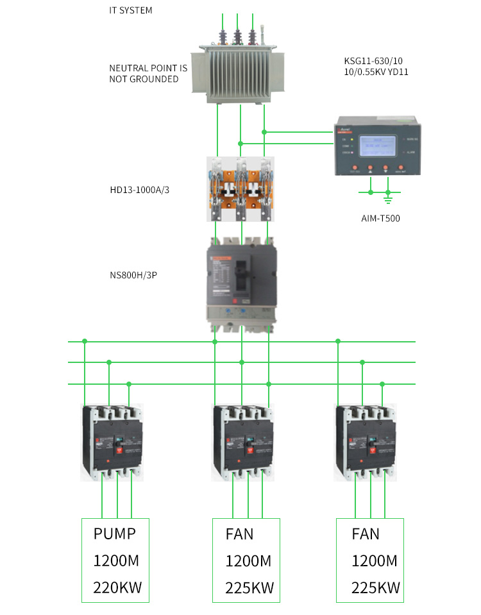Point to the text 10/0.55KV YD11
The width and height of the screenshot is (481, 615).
coord(376,72)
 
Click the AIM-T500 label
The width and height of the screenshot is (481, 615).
coord(380,219)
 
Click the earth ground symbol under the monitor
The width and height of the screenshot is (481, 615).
coord(388,191)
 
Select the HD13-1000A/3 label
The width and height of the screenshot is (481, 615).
coord(140,190)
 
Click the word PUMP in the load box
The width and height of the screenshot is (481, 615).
coord(115,534)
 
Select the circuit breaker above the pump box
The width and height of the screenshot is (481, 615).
coord(113,442)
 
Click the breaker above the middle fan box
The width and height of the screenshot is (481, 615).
coord(243,442)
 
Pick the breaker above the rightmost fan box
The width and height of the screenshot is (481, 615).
coord(366,442)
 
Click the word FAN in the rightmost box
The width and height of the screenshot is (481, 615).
coord(366,534)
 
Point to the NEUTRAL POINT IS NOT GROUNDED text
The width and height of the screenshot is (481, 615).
coord(148,73)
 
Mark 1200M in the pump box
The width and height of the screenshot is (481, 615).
coord(116,560)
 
